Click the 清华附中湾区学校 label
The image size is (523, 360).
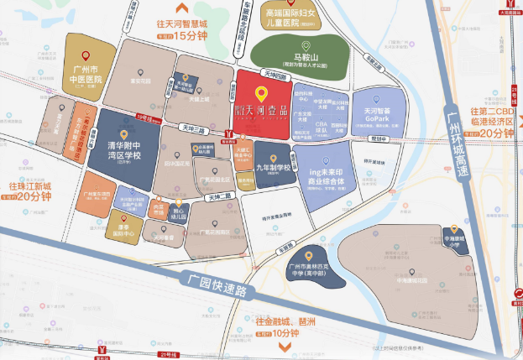[123, 153]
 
